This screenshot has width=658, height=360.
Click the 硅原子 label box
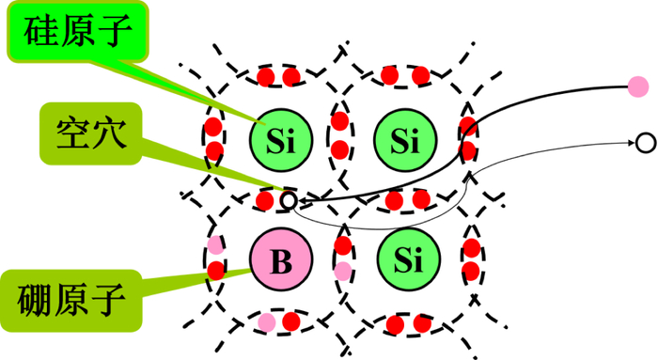[x=78, y=31]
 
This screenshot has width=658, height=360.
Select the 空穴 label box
[x=90, y=133]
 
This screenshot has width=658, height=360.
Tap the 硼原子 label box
[x=71, y=301]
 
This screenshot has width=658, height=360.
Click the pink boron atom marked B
[x=281, y=259]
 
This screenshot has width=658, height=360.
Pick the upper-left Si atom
[x=281, y=140]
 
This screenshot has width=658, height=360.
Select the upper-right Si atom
[x=405, y=140]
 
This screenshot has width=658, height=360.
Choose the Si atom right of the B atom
[x=408, y=259]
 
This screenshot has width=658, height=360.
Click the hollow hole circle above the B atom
[x=289, y=200]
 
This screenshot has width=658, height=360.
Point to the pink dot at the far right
[x=638, y=86]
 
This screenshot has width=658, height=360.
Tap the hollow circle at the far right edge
[x=646, y=143]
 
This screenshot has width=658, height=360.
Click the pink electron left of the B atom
[x=215, y=245]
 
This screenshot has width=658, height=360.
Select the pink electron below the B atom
[x=266, y=322]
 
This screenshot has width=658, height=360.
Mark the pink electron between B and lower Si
[x=343, y=271]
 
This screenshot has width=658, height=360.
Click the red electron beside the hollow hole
[x=265, y=200]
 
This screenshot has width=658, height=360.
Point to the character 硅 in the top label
[x=40, y=32]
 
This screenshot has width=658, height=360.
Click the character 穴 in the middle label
[x=110, y=133]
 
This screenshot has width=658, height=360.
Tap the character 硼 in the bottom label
[x=34, y=301]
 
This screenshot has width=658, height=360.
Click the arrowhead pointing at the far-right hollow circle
[x=631, y=143]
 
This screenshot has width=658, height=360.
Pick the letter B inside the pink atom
[x=281, y=260]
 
